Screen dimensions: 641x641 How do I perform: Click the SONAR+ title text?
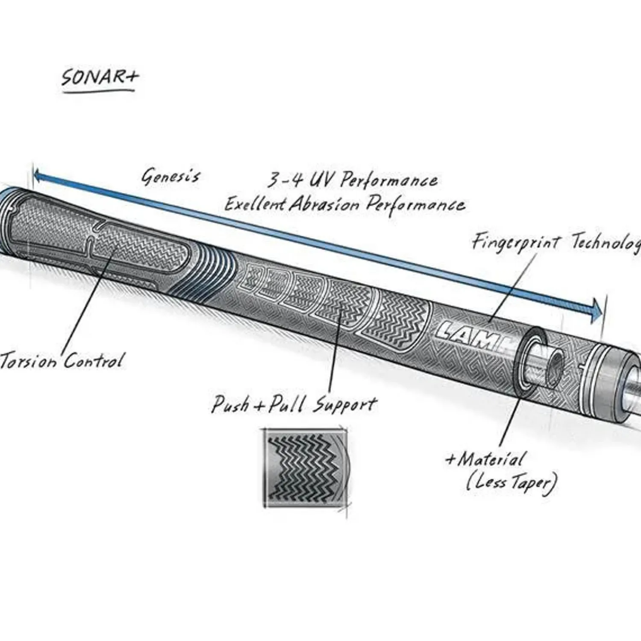click(x=100, y=78)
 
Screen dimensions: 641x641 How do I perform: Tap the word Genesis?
click(x=171, y=176)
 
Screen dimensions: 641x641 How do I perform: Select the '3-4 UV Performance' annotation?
click(x=352, y=180)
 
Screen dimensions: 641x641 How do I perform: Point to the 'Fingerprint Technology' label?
click(x=556, y=242)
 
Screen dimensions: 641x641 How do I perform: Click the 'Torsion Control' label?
click(x=62, y=362)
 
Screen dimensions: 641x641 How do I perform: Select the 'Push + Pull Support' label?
click(x=294, y=404)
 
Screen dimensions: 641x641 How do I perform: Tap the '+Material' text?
click(x=485, y=459)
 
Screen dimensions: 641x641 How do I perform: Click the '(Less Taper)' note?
click(x=511, y=483)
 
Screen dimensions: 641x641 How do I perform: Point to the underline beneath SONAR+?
click(x=98, y=90)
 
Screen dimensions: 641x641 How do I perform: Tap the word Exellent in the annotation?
click(x=255, y=204)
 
